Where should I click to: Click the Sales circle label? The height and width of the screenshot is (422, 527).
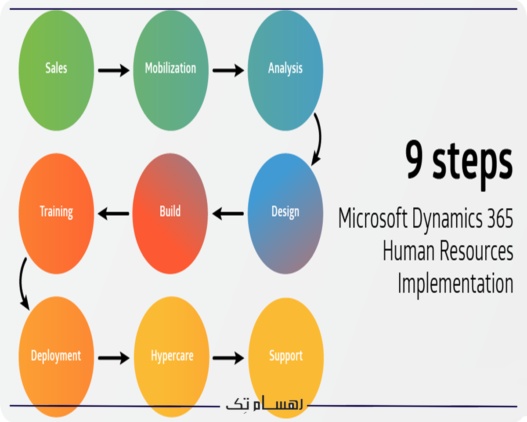click(x=56, y=68)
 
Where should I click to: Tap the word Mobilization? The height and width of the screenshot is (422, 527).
click(x=170, y=68)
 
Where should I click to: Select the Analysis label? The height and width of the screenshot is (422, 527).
click(x=285, y=69)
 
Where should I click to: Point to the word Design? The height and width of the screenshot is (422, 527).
click(x=285, y=211)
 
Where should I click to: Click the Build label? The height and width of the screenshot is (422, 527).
click(x=170, y=211)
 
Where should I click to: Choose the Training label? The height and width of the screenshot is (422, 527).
click(x=56, y=211)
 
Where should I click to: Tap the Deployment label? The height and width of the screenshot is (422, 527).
click(x=56, y=356)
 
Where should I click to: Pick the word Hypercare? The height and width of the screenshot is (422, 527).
click(x=172, y=356)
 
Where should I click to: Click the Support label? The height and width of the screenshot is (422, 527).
click(x=286, y=356)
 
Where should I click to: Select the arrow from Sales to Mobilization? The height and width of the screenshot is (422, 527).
click(x=113, y=70)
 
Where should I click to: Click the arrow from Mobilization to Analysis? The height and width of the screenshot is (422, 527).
click(x=228, y=70)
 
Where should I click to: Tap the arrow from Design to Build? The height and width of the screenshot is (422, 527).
click(x=228, y=214)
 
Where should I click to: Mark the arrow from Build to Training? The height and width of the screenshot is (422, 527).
click(x=113, y=214)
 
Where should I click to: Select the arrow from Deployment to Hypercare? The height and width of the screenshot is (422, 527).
click(x=113, y=358)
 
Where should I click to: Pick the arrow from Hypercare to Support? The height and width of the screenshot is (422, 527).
click(x=228, y=358)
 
